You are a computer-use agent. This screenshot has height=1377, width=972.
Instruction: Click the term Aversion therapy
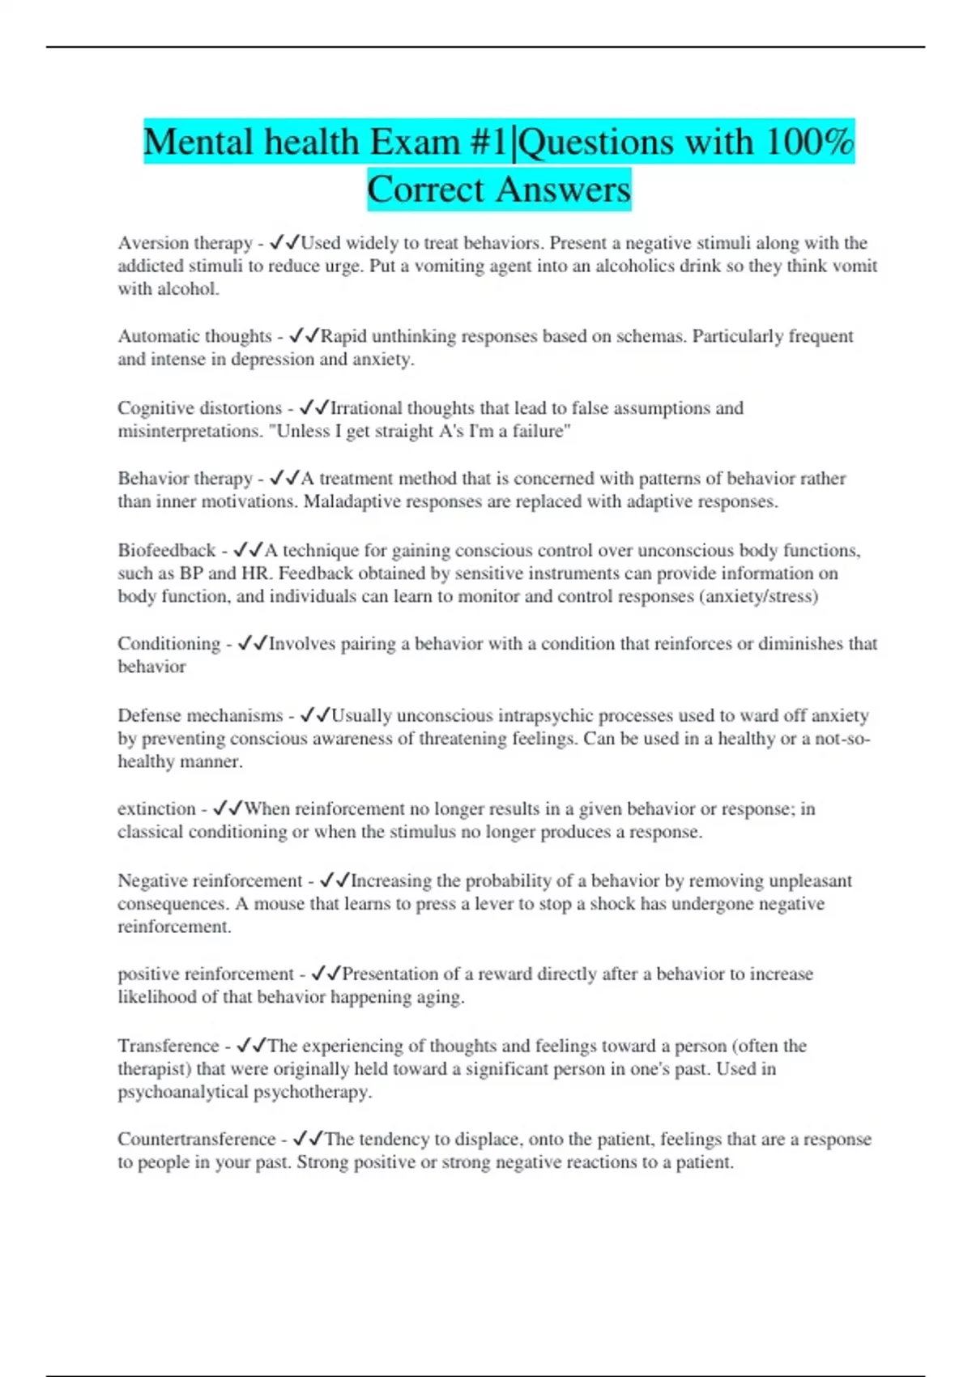tap(185, 243)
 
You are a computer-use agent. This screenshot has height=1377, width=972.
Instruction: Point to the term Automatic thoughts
tap(194, 336)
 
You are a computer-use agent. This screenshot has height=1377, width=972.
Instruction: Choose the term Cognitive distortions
tap(199, 408)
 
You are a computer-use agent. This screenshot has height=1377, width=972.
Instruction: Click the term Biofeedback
tap(166, 551)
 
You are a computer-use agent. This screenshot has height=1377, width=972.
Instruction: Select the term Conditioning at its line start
tap(168, 644)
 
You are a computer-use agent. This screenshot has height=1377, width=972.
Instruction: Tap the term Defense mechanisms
tap(200, 716)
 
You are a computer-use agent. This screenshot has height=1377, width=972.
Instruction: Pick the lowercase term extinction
tap(156, 809)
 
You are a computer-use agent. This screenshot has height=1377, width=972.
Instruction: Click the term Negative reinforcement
tap(210, 881)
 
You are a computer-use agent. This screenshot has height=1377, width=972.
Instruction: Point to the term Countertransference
tap(197, 1140)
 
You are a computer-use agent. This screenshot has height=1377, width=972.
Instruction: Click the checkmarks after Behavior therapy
tap(284, 479)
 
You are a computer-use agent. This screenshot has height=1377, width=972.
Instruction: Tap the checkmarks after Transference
tap(252, 1046)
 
